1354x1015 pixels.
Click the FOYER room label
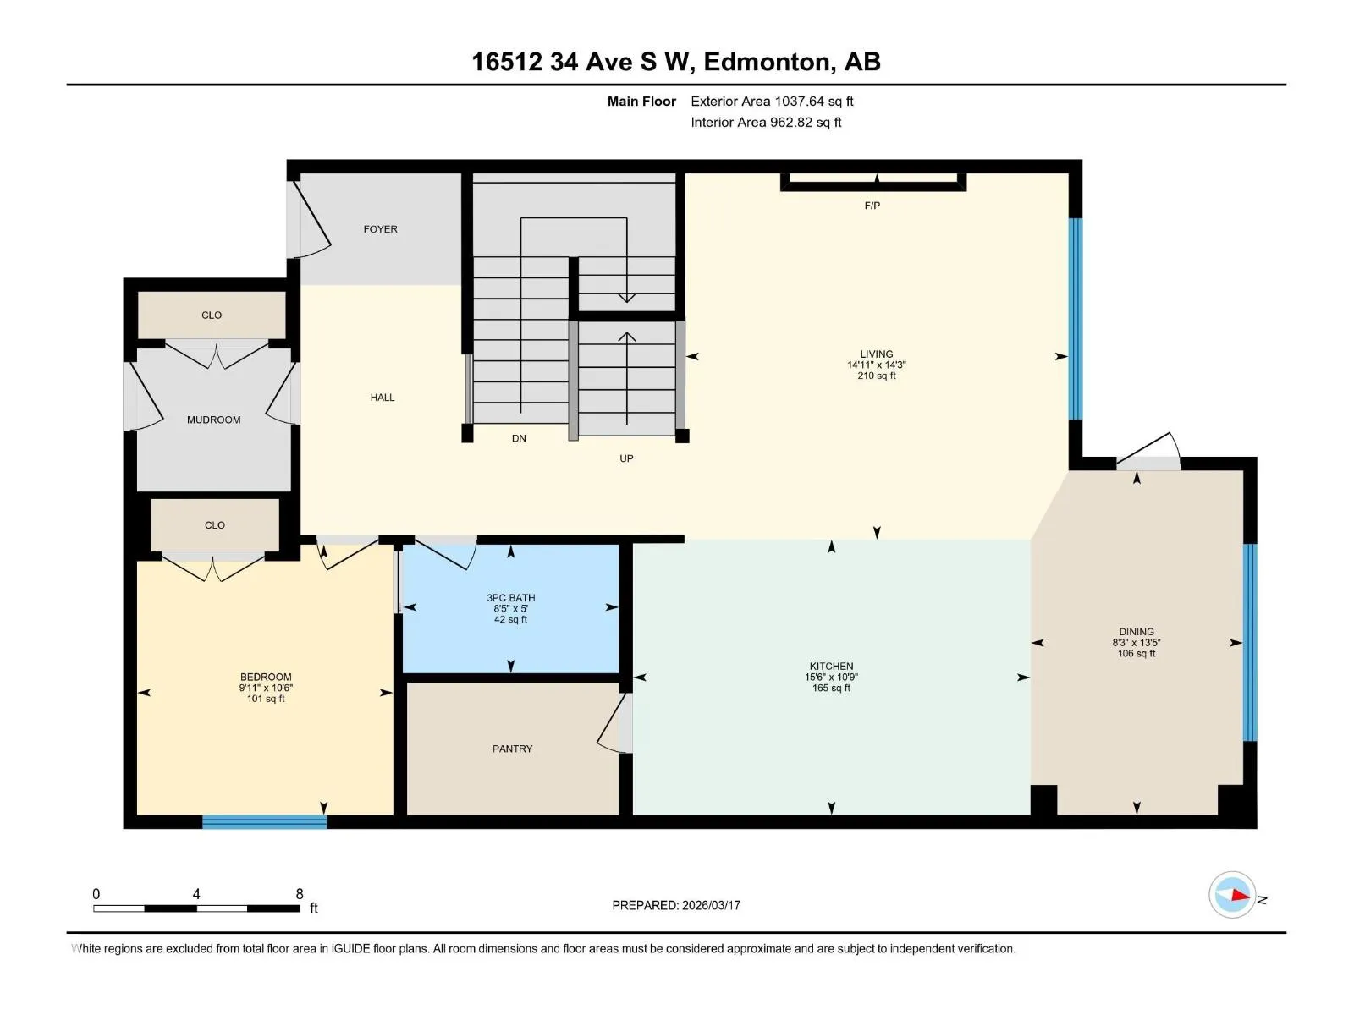coord(380,229)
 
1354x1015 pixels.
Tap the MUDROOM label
coord(213,420)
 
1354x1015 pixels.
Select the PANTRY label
coord(512,749)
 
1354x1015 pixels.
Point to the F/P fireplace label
coord(872,206)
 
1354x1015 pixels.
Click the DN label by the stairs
coord(519,438)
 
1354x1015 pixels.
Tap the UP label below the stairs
coord(626,458)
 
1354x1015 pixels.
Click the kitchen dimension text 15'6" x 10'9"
coord(831,677)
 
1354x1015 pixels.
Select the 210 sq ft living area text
coord(876,376)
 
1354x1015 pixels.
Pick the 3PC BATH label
coord(511,598)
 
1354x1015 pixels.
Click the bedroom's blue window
coord(265,821)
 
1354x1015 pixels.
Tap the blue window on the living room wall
coord(1076,319)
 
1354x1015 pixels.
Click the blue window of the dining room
coord(1250,642)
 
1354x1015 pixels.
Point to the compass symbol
coord(1232,895)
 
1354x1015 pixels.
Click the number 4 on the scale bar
coord(196,893)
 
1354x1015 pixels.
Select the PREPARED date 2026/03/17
coord(711,905)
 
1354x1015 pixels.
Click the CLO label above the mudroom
coord(212,315)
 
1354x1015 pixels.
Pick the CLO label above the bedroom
coord(215,525)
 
